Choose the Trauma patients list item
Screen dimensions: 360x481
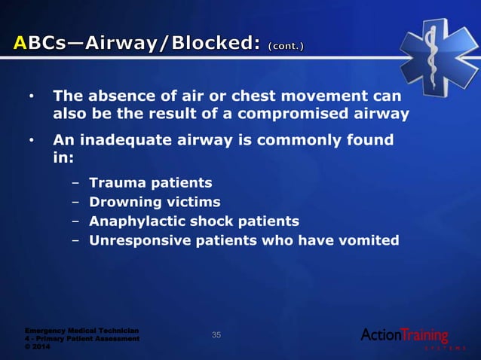pyautogui.click(x=150, y=183)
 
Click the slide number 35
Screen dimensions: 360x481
pyautogui.click(x=216, y=334)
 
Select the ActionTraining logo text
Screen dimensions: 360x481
pyautogui.click(x=404, y=334)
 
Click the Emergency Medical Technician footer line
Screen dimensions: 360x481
pyautogui.click(x=81, y=330)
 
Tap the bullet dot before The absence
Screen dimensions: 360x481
pyautogui.click(x=31, y=98)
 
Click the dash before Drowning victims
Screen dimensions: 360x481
pyautogui.click(x=76, y=202)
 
